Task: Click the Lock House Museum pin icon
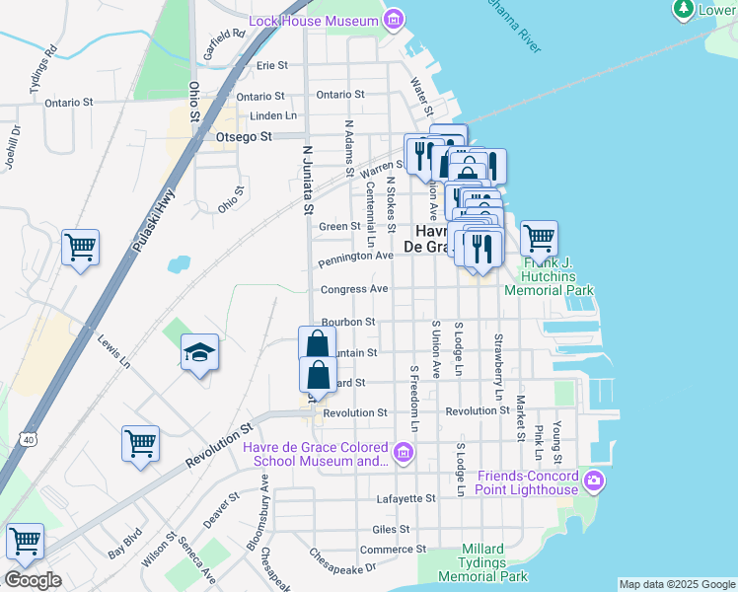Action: pyautogui.click(x=395, y=20)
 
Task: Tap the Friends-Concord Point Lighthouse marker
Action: pyautogui.click(x=593, y=482)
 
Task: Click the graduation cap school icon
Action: pyautogui.click(x=199, y=353)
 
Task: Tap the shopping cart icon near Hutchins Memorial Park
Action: pyautogui.click(x=539, y=237)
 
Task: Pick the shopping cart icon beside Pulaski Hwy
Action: pyautogui.click(x=80, y=246)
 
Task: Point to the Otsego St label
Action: pyautogui.click(x=243, y=138)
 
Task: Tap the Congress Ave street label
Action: pyautogui.click(x=354, y=290)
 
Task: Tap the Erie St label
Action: pyautogui.click(x=271, y=65)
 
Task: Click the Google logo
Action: pyautogui.click(x=33, y=579)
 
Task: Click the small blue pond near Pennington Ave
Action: pyautogui.click(x=179, y=264)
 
